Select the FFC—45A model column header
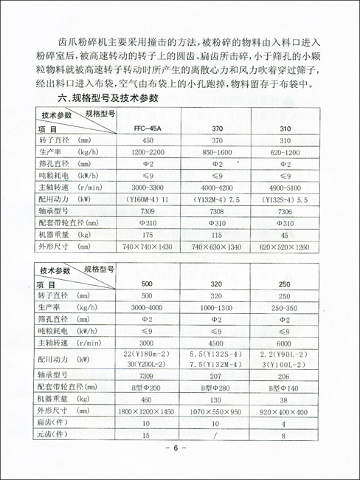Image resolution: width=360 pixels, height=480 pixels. (x=148, y=128)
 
